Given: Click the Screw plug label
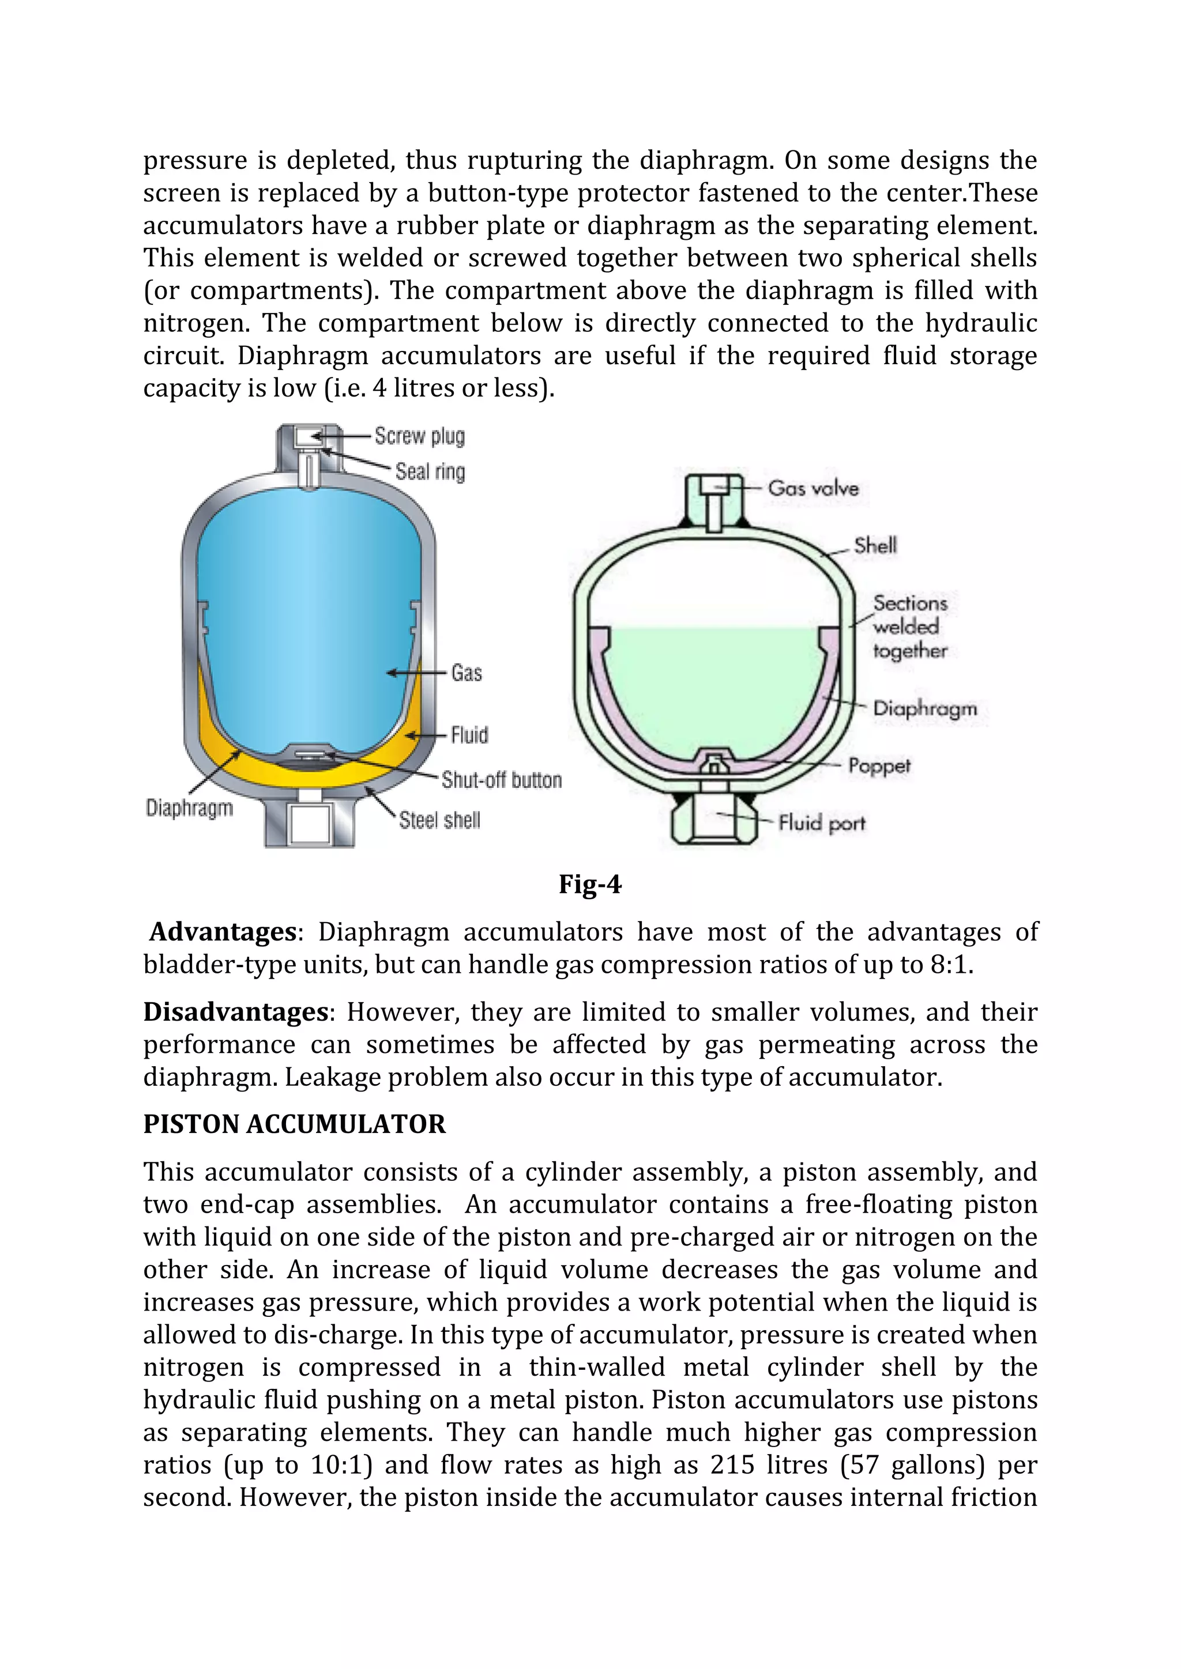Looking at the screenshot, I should (x=420, y=436).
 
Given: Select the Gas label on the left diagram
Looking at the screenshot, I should (x=466, y=673).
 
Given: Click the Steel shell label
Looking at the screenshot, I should (x=439, y=821).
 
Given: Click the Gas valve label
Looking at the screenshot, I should (x=813, y=489).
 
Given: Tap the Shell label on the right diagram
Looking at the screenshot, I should (x=875, y=546).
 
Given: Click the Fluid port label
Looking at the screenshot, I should (x=822, y=823).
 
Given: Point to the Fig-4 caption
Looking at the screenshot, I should (x=590, y=884).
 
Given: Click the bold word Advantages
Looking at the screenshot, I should (x=223, y=932).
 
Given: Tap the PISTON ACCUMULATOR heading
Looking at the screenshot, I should (x=294, y=1124).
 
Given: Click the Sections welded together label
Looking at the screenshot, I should (x=910, y=626).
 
